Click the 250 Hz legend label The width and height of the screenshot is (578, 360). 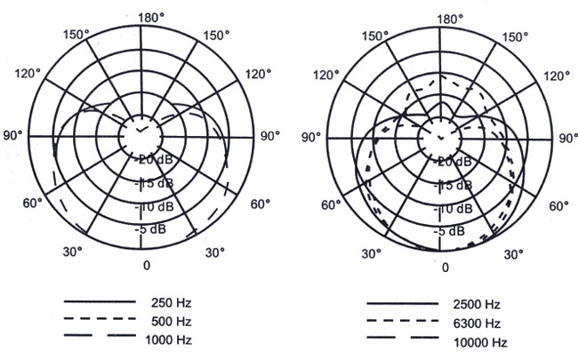[x=171, y=303]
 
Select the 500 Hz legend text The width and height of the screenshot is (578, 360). [x=171, y=321]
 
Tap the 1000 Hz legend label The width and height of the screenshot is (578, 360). [x=168, y=340]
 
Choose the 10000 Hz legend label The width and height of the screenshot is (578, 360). [x=480, y=343]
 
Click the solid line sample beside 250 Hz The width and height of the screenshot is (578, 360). [x=100, y=302]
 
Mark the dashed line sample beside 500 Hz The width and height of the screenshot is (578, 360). [x=100, y=319]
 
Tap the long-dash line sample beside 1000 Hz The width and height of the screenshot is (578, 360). [x=100, y=336]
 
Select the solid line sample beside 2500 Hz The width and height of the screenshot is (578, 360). [x=403, y=304]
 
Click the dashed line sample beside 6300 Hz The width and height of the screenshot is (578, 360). [x=403, y=321]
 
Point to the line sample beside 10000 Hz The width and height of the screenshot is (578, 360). [x=403, y=338]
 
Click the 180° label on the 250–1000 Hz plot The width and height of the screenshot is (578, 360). [x=151, y=17]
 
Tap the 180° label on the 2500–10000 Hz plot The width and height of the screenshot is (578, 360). [x=450, y=20]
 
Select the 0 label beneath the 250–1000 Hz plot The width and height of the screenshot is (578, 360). [x=147, y=265]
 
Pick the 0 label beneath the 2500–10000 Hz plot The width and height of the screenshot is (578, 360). [x=446, y=268]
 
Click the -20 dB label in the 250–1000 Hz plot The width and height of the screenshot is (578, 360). [x=153, y=159]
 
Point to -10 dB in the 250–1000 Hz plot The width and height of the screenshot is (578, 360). [x=154, y=207]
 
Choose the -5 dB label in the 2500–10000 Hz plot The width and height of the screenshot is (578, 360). [x=449, y=231]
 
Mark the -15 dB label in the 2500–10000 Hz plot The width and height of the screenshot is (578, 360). [x=453, y=185]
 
